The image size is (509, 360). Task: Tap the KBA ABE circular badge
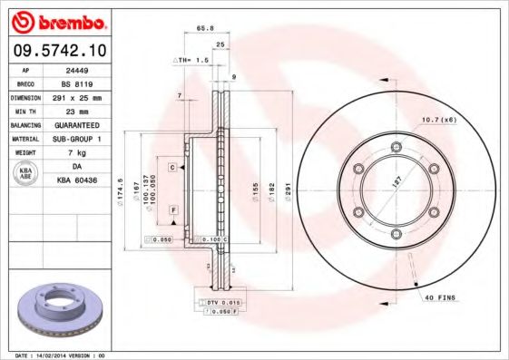25,174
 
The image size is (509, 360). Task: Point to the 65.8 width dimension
205,28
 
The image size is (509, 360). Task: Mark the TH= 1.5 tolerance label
191,60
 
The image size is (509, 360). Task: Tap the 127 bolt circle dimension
396,182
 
